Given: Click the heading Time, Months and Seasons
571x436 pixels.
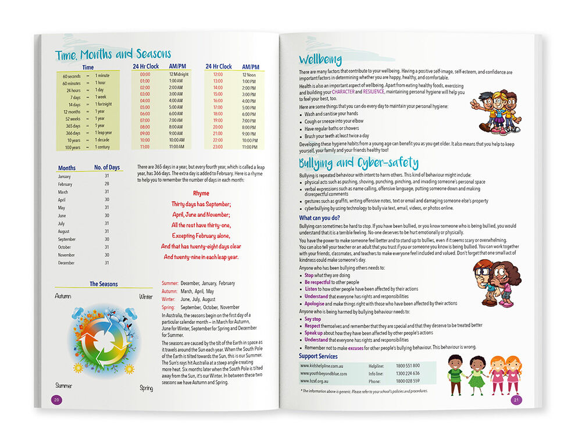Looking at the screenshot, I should (x=113, y=55).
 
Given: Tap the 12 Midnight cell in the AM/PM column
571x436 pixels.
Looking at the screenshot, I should (x=179, y=74).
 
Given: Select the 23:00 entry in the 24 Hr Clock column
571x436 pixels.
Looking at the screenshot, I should (x=217, y=147).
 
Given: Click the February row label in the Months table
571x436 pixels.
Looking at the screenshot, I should (x=65, y=184).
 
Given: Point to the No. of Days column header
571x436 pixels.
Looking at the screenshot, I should (x=107, y=167).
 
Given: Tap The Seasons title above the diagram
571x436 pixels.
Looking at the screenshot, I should (x=104, y=284).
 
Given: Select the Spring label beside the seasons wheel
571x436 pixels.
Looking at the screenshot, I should (x=145, y=387).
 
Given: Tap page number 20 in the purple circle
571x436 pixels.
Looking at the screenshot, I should (x=56, y=399).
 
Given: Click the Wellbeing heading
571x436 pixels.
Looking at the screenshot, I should (x=320, y=59).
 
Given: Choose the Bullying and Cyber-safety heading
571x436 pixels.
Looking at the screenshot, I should (x=358, y=163).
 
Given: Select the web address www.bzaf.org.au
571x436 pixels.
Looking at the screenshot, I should (x=316, y=381).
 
